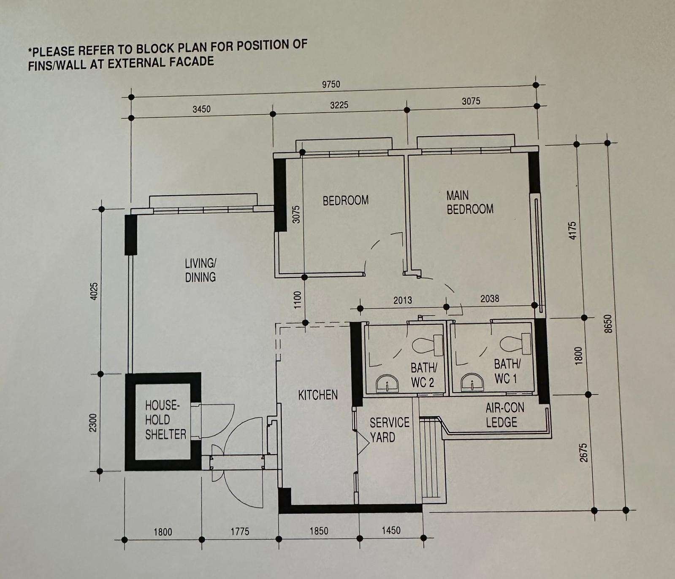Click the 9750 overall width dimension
tap(331, 84)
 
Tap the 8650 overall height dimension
tap(608, 324)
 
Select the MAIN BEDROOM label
tap(470, 202)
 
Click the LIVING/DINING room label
tap(201, 270)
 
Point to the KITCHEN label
tap(318, 395)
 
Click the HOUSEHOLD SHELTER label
tap(165, 420)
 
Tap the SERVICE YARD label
tap(389, 430)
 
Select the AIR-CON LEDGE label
tap(504, 415)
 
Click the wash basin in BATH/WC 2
tap(387, 384)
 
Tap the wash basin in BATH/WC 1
tap(471, 382)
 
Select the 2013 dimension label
tap(402, 300)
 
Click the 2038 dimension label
tap(490, 299)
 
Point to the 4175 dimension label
tap(572, 231)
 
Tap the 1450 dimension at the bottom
tap(391, 531)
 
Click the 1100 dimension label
tap(298, 300)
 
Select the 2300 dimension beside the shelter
tap(93, 423)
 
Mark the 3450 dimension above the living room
tap(201, 109)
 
